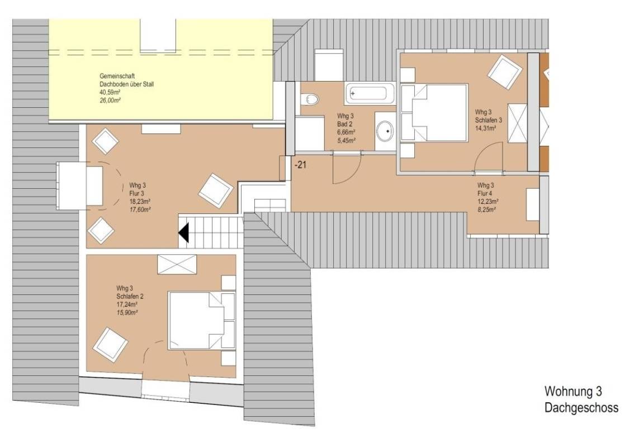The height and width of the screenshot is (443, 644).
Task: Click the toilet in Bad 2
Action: (309, 99)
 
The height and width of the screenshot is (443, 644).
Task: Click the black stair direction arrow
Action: (183, 232)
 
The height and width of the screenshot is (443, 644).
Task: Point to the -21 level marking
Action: (300, 165)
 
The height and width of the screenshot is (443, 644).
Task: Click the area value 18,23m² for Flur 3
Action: (140, 202)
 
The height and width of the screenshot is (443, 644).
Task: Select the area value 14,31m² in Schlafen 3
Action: (485, 128)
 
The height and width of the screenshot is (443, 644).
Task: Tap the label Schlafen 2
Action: (130, 297)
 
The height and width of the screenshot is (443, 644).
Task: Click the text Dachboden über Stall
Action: (127, 84)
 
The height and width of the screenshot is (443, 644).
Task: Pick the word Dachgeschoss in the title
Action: (581, 408)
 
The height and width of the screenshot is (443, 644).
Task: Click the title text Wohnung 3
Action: (573, 391)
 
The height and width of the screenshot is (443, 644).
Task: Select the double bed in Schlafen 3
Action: (434, 113)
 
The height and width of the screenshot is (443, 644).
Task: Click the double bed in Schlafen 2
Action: (202, 321)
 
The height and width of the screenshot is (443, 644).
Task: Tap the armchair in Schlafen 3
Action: (505, 72)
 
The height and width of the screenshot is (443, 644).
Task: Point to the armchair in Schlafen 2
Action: (110, 345)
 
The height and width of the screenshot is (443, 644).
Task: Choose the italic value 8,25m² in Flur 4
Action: (487, 209)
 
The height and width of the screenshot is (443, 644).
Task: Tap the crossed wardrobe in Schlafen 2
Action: (177, 264)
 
